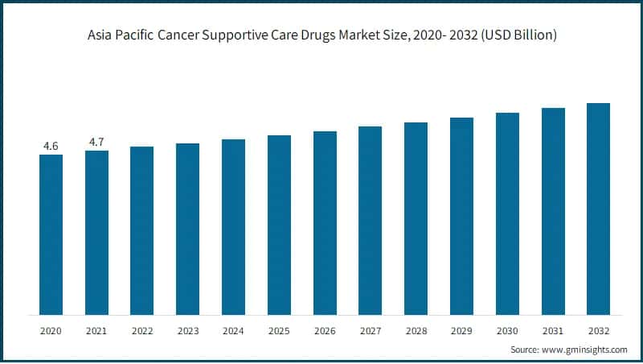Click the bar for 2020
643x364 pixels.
pyautogui.click(x=51, y=234)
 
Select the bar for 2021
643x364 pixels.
pyautogui.click(x=96, y=233)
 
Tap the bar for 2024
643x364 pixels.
pyautogui.click(x=233, y=227)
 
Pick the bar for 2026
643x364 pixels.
pyautogui.click(x=325, y=223)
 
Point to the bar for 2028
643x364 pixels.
pyautogui.click(x=416, y=218)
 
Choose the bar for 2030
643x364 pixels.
pyautogui.click(x=507, y=213)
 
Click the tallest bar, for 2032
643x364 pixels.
pyautogui.click(x=598, y=209)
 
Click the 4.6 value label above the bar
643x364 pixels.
pyautogui.click(x=51, y=146)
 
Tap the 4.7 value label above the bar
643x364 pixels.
pyautogui.click(x=96, y=142)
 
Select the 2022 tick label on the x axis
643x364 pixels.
pyautogui.click(x=142, y=331)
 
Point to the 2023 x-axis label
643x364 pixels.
pyautogui.click(x=188, y=331)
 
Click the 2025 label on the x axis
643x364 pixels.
pyautogui.click(x=279, y=331)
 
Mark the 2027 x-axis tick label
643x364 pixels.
pyautogui.click(x=370, y=331)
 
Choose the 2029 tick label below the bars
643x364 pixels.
pyautogui.click(x=461, y=331)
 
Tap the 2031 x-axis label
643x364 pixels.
pyautogui.click(x=553, y=331)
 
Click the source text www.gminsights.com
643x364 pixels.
pyautogui.click(x=584, y=350)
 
